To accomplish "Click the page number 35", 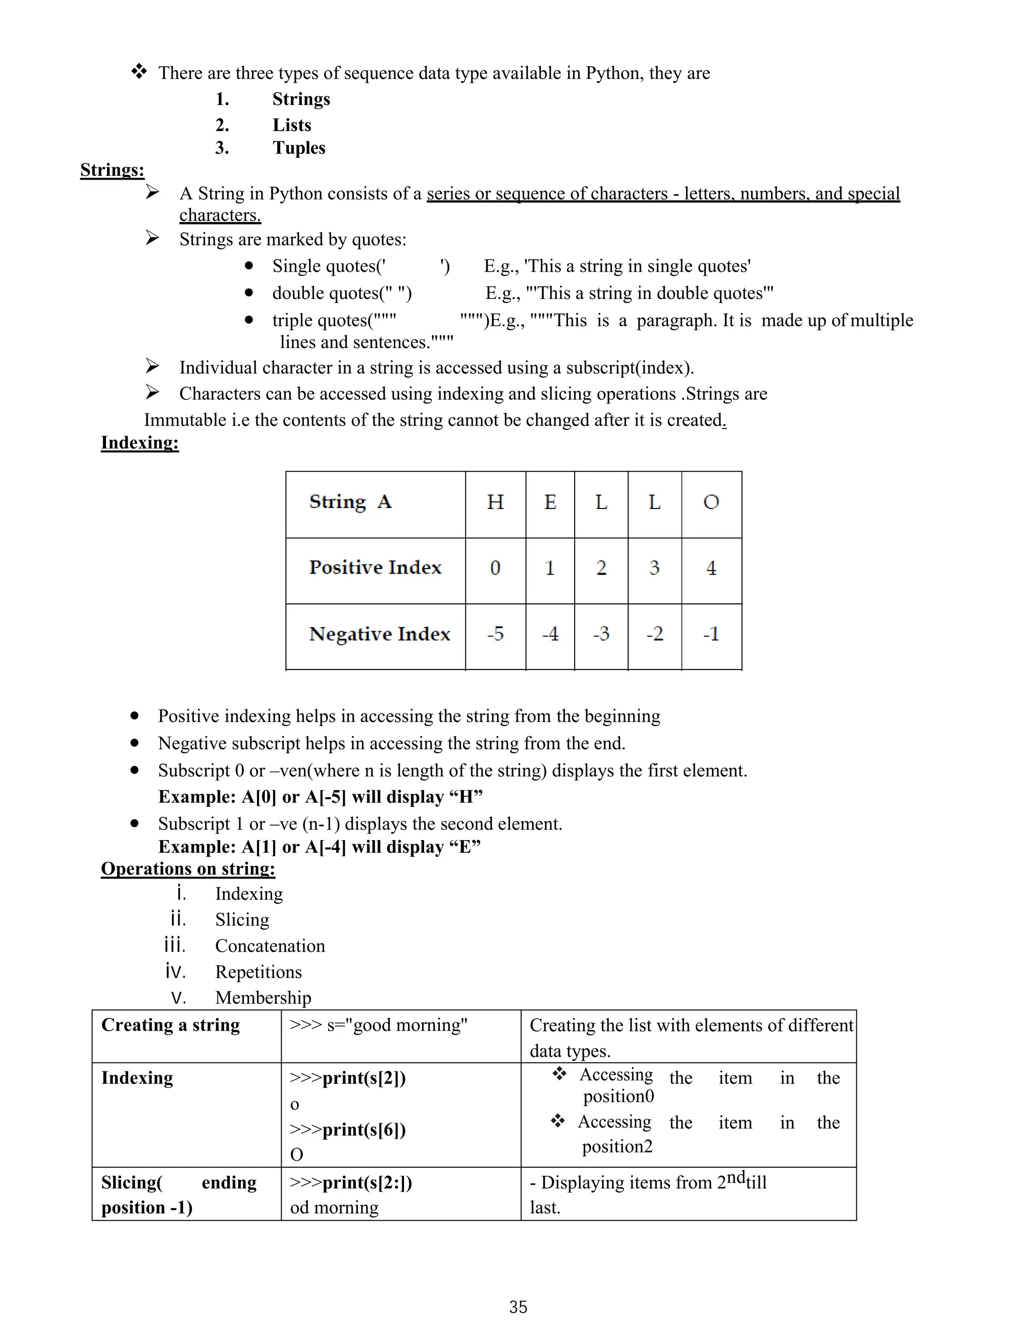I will pyautogui.click(x=518, y=1307).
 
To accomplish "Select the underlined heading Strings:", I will pyautogui.click(x=112, y=170).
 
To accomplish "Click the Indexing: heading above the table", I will pyautogui.click(x=140, y=442).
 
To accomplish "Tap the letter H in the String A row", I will pyautogui.click(x=495, y=502).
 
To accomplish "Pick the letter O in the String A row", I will pyautogui.click(x=710, y=502).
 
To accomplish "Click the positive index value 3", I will pyautogui.click(x=654, y=568).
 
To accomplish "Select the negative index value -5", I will pyautogui.click(x=495, y=634).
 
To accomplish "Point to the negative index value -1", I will pyautogui.click(x=710, y=634).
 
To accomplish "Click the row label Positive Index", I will pyautogui.click(x=375, y=568).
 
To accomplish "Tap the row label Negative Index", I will pyautogui.click(x=379, y=634).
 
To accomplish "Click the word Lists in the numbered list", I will pyautogui.click(x=292, y=125).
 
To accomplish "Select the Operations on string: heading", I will pyautogui.click(x=188, y=869).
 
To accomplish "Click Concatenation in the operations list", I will pyautogui.click(x=270, y=945).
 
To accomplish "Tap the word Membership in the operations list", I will pyautogui.click(x=263, y=997).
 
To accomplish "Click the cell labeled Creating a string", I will pyautogui.click(x=170, y=1025).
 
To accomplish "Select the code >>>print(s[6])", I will pyautogui.click(x=347, y=1129).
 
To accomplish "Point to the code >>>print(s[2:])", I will pyautogui.click(x=350, y=1182).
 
